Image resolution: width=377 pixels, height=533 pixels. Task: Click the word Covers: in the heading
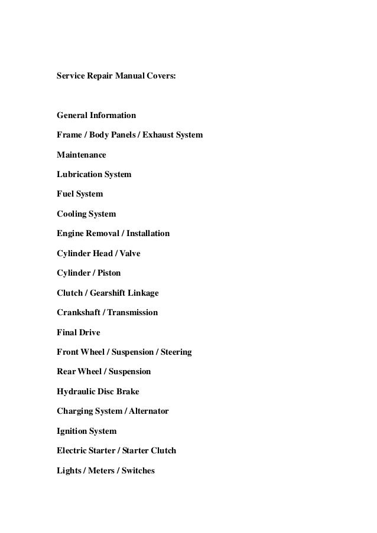tap(158, 76)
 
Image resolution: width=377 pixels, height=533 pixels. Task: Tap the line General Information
tap(96, 115)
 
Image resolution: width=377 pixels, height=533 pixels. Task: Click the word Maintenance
tap(82, 155)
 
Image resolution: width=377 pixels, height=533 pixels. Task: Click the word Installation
tap(147, 234)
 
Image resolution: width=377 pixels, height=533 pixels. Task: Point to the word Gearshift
tap(112, 293)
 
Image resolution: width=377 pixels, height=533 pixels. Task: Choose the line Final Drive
tap(78, 332)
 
